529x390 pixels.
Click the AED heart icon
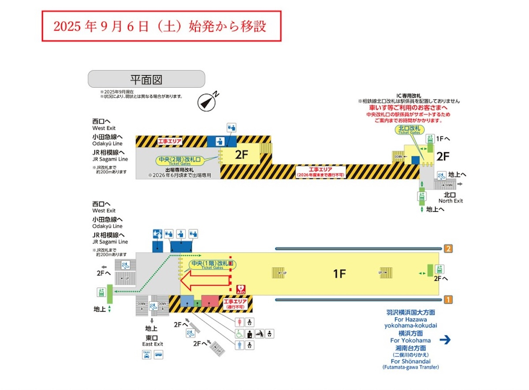(241, 289)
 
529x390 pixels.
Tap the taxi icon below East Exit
(147, 354)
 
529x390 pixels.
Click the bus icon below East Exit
(158, 354)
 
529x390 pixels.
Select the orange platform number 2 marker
(448, 249)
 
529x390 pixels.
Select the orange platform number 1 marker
(448, 300)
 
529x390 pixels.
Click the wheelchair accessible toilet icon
(240, 334)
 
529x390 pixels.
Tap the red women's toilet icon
(240, 322)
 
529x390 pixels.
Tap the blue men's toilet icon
(240, 346)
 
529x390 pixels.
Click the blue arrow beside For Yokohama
(446, 339)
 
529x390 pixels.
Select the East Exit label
(153, 340)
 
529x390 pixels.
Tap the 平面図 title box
(146, 79)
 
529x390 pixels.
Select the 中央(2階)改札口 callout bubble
(186, 161)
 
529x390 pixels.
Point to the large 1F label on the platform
(339, 274)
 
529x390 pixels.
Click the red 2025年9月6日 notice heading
(161, 26)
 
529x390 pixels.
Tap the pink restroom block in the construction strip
(210, 302)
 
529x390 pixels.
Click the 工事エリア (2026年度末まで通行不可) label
(320, 172)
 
